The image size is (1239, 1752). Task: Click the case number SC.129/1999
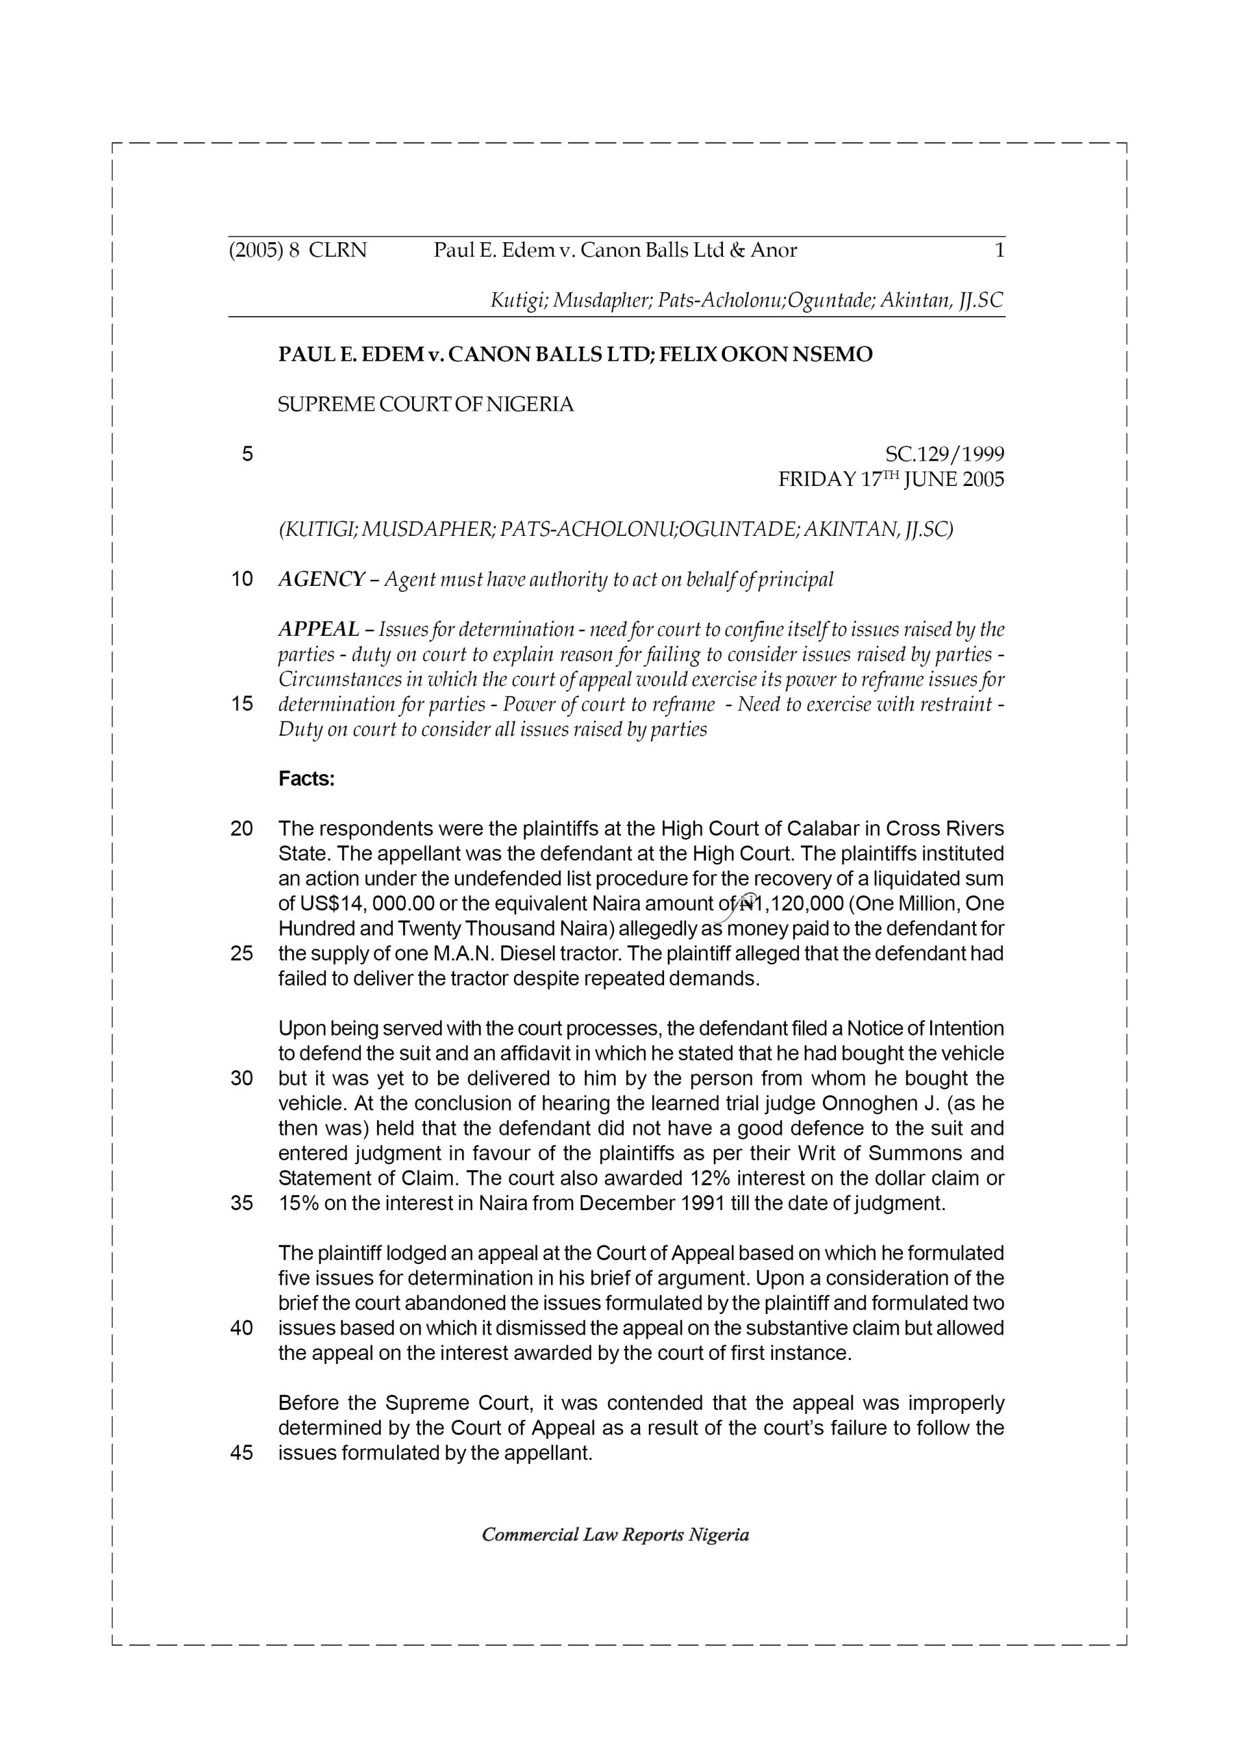click(945, 455)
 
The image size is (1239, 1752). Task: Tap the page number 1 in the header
click(999, 250)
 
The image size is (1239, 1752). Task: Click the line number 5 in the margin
click(246, 455)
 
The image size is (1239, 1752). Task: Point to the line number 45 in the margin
click(241, 1453)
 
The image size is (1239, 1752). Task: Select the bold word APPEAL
click(318, 630)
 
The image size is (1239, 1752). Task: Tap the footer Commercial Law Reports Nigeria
click(615, 1535)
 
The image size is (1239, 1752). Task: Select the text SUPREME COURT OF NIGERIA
click(425, 405)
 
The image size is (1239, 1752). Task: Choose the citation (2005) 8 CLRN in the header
click(298, 250)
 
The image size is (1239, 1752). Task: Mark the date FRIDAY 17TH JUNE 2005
click(891, 480)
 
